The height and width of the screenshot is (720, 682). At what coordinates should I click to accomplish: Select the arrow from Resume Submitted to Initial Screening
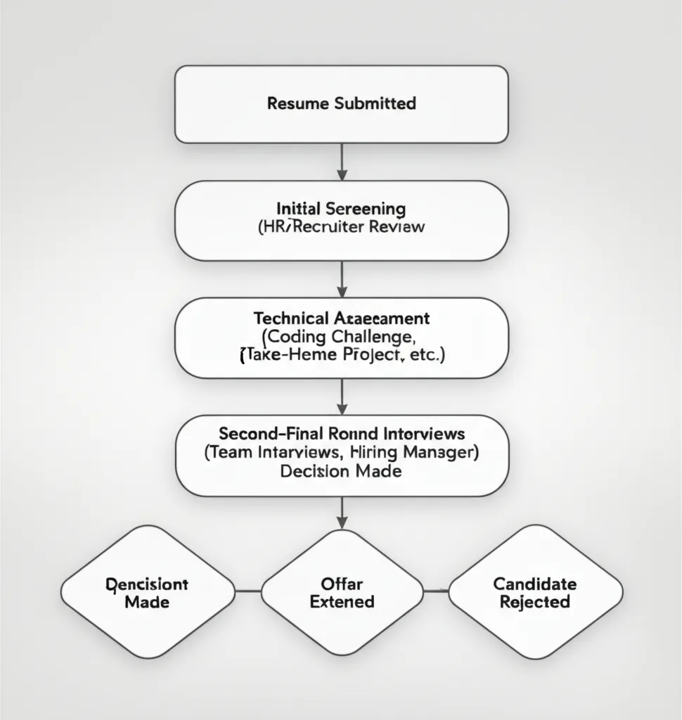pyautogui.click(x=342, y=162)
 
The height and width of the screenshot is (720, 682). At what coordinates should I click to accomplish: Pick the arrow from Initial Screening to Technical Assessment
pyautogui.click(x=342, y=279)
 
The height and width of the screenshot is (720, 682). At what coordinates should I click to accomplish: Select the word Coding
pyautogui.click(x=290, y=336)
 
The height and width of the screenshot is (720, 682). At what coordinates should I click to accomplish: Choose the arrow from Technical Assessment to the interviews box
pyautogui.click(x=342, y=397)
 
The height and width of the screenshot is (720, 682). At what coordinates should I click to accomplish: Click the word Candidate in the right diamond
pyautogui.click(x=535, y=584)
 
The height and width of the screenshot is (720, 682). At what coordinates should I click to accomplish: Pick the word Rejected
pyautogui.click(x=535, y=602)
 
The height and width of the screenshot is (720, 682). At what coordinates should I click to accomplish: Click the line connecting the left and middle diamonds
pyautogui.click(x=248, y=591)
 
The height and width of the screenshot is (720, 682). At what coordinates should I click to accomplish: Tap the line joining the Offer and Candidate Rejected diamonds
pyautogui.click(x=436, y=591)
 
